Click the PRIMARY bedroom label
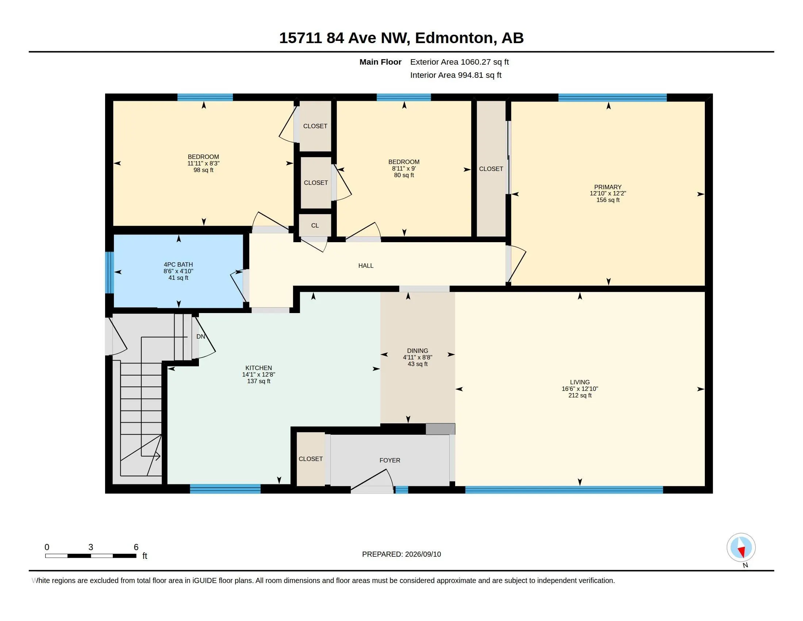(x=608, y=187)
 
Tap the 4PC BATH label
(x=178, y=264)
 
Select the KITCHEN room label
(x=258, y=368)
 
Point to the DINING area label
(x=417, y=351)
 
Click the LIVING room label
(x=580, y=382)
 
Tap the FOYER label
(x=390, y=460)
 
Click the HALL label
(x=366, y=266)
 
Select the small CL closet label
(x=315, y=225)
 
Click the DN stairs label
(x=201, y=337)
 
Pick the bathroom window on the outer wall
(x=109, y=272)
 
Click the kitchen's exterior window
(x=225, y=489)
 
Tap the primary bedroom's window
(x=612, y=98)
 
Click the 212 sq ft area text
(x=580, y=396)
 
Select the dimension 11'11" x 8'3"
(x=203, y=163)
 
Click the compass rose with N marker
(x=741, y=548)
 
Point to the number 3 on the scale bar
(x=91, y=547)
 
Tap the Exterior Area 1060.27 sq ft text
(x=459, y=62)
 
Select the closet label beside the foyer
(x=311, y=459)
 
